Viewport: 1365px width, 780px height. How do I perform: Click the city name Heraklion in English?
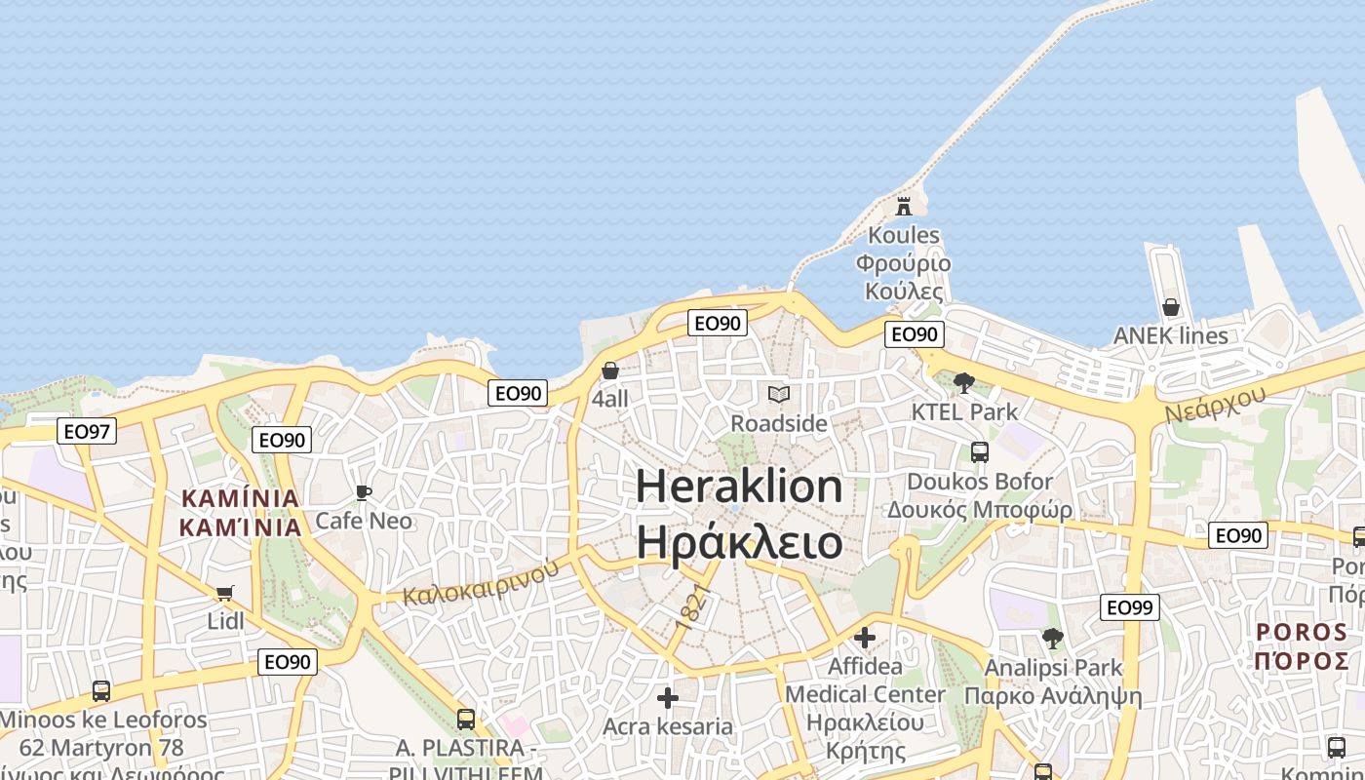tap(739, 486)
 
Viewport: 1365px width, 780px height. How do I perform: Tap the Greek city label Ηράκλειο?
tap(739, 541)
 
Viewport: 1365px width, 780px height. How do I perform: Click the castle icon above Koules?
tap(904, 207)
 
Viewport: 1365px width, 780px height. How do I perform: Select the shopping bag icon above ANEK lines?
tap(1171, 307)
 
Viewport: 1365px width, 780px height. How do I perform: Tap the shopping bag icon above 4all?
tap(610, 370)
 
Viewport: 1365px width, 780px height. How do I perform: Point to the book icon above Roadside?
tap(778, 394)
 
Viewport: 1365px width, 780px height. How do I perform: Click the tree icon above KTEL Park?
tap(964, 382)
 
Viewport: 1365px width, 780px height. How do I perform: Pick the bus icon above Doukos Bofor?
tap(980, 452)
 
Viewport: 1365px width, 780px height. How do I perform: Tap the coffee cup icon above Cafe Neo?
tap(364, 492)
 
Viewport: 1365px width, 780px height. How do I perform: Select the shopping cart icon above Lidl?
tap(225, 593)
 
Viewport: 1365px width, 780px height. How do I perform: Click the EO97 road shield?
tap(87, 431)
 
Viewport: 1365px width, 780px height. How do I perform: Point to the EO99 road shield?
tap(1130, 607)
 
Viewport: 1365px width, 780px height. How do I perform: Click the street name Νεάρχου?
tap(1215, 404)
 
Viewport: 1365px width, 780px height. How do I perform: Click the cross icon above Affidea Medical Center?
tap(865, 638)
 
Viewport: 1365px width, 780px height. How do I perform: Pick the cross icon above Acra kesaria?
tap(668, 698)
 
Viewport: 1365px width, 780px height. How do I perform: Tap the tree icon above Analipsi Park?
tap(1053, 639)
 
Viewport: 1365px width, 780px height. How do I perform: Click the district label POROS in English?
tap(1303, 632)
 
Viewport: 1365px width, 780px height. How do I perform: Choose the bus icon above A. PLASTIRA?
tap(466, 720)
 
